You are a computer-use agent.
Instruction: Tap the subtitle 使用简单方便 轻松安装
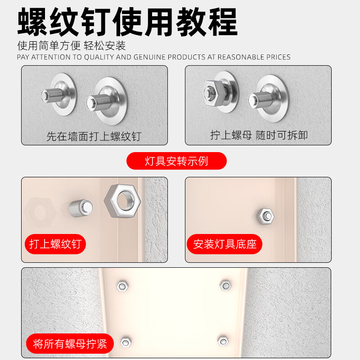coord(71,45)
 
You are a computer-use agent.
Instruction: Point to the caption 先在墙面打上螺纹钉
coord(94,136)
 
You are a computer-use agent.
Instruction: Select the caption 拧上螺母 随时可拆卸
coord(259,135)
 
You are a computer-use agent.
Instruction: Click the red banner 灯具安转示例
coord(176,161)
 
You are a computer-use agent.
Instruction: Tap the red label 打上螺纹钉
coord(55,244)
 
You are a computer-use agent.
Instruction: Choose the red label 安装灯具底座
coord(225,244)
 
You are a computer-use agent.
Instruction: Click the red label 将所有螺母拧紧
coord(70,345)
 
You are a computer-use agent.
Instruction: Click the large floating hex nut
coord(122,201)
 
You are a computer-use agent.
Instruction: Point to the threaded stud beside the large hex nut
coord(81,208)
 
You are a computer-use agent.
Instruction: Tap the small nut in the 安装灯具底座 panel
coord(265,216)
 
